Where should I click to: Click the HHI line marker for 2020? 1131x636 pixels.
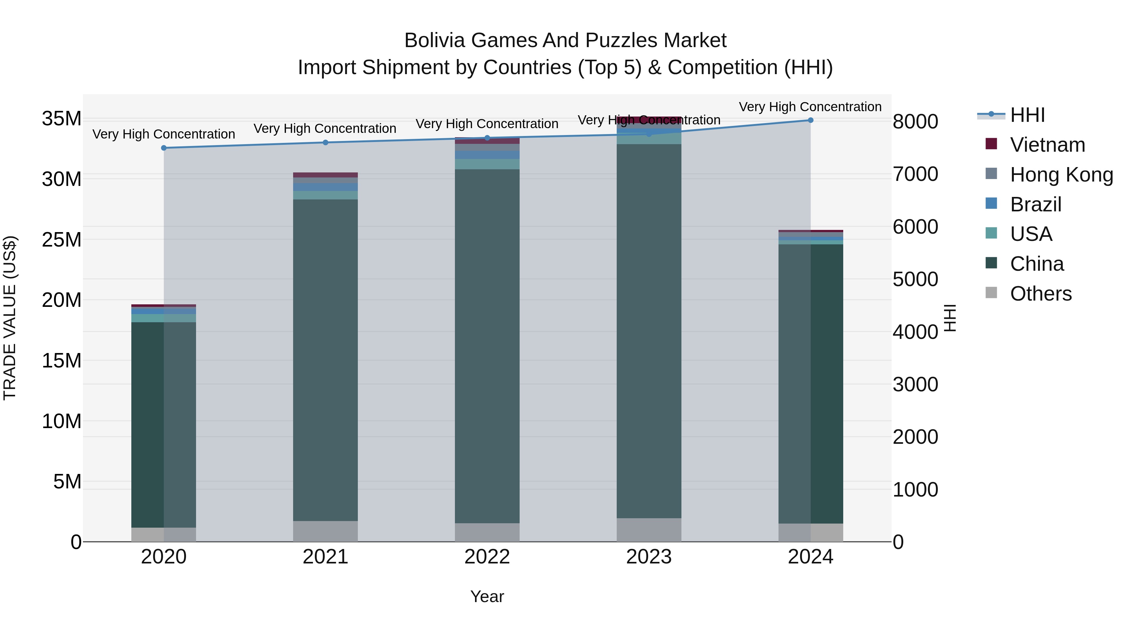point(164,148)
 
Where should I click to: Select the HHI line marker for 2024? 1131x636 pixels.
point(811,120)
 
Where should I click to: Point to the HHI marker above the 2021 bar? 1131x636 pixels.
point(325,143)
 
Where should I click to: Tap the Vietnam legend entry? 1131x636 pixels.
point(1047,145)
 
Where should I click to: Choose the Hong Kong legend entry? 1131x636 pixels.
point(1061,175)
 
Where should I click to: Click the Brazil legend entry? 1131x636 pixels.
point(1035,204)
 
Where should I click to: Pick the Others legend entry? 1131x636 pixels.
point(1041,294)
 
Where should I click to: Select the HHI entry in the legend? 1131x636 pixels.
point(1027,115)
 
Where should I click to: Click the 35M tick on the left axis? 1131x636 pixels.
point(62,118)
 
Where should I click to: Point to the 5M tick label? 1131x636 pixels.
point(67,481)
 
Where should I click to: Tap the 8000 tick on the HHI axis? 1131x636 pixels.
point(915,122)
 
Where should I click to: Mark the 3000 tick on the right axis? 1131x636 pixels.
point(915,384)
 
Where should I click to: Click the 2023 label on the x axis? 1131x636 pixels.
point(649,557)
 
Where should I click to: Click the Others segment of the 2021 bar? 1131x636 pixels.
point(325,531)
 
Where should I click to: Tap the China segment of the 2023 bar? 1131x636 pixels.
point(649,331)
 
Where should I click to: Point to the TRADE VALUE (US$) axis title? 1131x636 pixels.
point(10,318)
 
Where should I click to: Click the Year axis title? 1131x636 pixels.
point(487,596)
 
